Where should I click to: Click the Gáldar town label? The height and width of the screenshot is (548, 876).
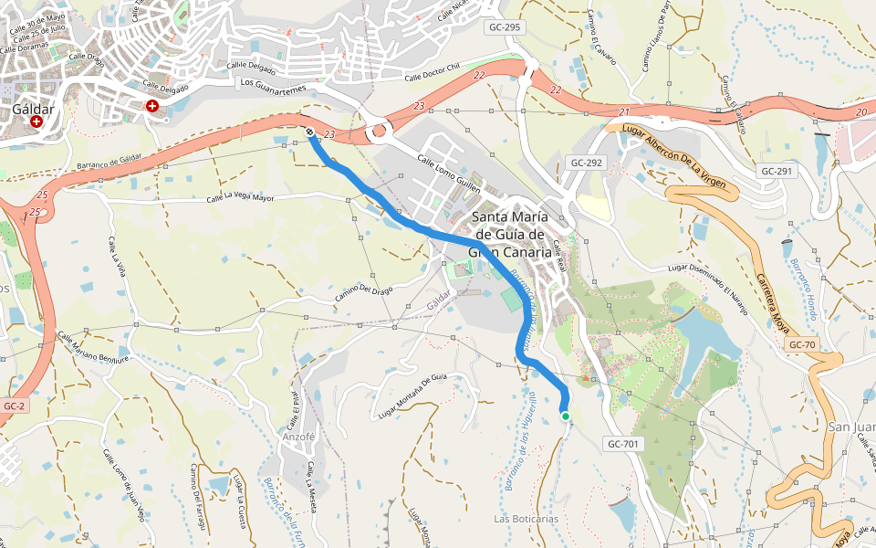click(x=33, y=108)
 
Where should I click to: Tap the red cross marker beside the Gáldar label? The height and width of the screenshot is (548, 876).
click(x=36, y=121)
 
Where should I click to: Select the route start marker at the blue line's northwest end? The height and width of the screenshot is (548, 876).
click(x=310, y=132)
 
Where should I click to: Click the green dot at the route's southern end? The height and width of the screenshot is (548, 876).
click(x=566, y=416)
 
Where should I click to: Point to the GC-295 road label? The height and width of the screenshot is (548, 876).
click(x=505, y=27)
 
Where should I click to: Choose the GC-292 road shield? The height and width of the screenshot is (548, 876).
click(x=587, y=163)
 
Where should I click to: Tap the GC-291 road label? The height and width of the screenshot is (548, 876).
click(x=777, y=171)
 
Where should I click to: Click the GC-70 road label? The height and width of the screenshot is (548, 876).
click(x=802, y=344)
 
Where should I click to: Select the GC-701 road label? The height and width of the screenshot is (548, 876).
click(x=623, y=444)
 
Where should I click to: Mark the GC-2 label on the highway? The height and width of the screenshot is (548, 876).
click(x=14, y=406)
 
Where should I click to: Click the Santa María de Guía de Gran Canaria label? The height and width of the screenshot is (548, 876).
click(x=510, y=234)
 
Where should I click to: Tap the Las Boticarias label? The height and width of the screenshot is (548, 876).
click(x=526, y=519)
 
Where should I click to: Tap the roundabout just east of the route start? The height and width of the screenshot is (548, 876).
click(x=377, y=134)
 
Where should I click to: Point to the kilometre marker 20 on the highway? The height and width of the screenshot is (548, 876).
click(x=861, y=111)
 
